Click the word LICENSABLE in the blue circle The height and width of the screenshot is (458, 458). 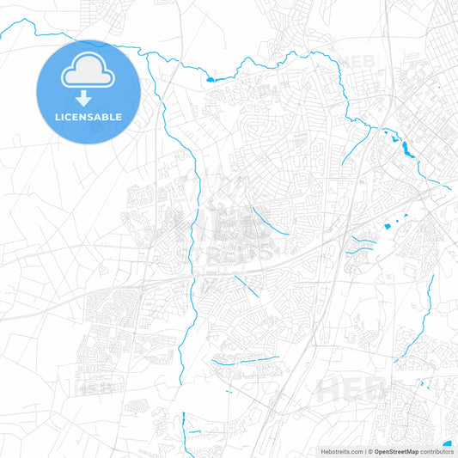click(88, 117)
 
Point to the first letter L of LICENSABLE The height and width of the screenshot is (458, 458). click(56, 117)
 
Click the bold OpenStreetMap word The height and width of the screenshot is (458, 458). click(396, 450)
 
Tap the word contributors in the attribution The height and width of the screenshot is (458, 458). click(436, 450)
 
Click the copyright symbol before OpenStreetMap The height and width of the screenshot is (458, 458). click(370, 450)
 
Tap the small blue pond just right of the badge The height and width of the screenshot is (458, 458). click(209, 80)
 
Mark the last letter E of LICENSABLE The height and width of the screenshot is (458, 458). click(119, 117)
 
